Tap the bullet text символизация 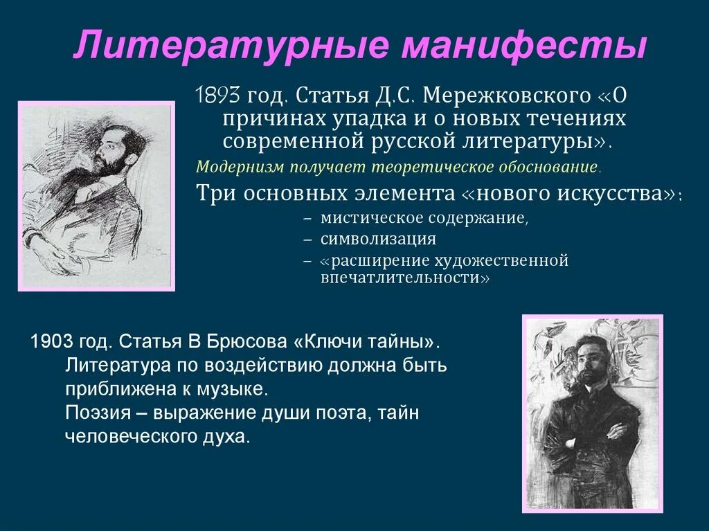(x=378, y=240)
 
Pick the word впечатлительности (x=405, y=278)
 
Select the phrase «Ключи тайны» (x=367, y=342)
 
